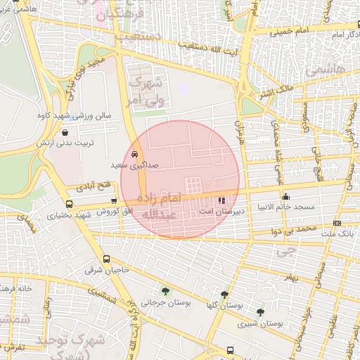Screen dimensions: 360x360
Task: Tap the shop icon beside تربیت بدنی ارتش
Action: pos(65,131)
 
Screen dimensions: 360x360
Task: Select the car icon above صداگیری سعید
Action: pos(134,154)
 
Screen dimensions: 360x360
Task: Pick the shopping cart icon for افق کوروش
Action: pos(114,201)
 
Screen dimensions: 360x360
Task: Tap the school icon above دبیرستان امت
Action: pos(223,200)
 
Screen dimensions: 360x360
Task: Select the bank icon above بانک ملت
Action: pos(337,223)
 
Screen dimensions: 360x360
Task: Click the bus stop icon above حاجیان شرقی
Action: pos(106,259)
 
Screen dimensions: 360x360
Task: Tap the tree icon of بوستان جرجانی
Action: pos(165,291)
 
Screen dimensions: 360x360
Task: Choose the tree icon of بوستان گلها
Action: pos(224,295)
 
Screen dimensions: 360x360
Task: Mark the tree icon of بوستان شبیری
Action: pos(260,312)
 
